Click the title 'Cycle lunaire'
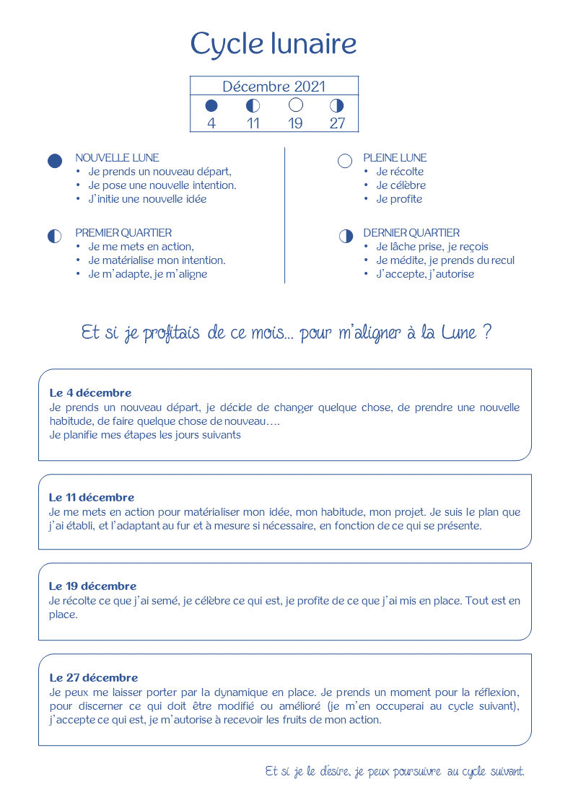274,45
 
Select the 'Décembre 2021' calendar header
274,87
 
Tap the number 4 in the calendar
211,123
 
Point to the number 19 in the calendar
295,123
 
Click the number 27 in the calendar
337,123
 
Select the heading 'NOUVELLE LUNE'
117,158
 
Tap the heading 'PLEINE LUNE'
395,158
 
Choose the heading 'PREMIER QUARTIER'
123,233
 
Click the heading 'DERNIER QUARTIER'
411,233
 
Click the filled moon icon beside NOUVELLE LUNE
55,161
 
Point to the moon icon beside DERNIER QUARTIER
346,236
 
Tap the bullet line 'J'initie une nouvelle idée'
147,199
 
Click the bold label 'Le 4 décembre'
90,393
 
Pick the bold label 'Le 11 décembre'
92,498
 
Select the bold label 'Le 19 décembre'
92,586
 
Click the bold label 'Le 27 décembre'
93,678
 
